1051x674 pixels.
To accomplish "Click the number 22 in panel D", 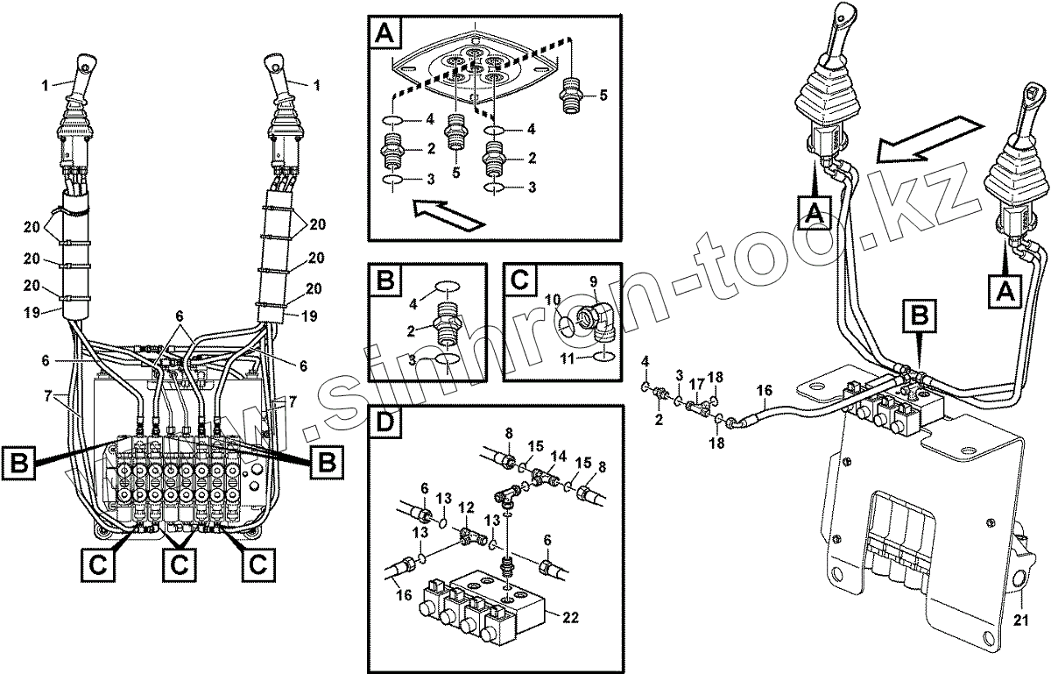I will pyautogui.click(x=569, y=618).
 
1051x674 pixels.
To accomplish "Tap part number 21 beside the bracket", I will pyautogui.click(x=1020, y=621).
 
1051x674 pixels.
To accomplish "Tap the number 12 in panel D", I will pyautogui.click(x=467, y=507).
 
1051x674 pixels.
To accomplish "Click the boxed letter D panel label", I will pyautogui.click(x=386, y=427).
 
